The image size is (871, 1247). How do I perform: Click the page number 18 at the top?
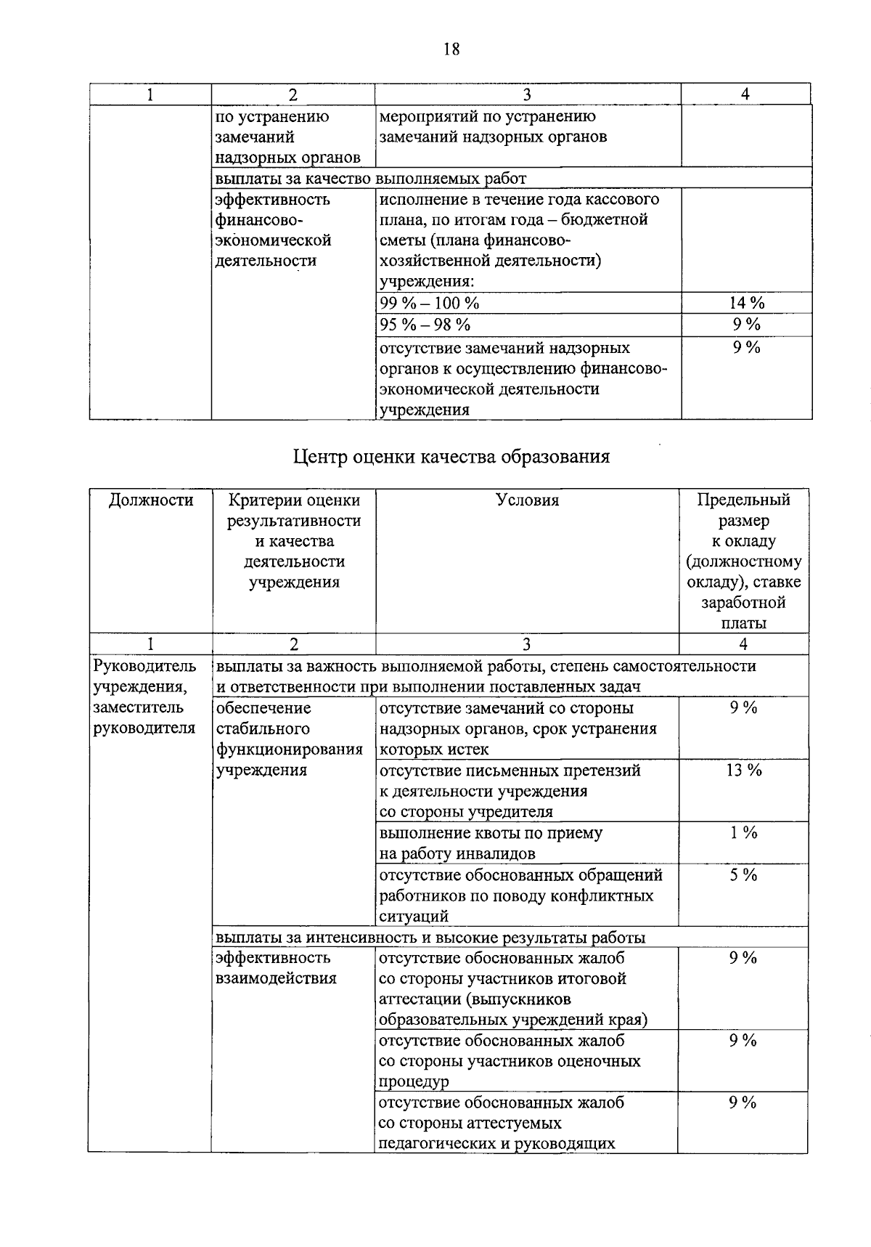pos(451,49)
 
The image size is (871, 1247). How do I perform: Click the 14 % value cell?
pos(746,303)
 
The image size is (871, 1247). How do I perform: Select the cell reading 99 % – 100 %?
pos(430,303)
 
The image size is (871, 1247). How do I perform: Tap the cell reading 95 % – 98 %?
pos(425,325)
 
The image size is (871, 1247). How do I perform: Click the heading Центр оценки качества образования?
pos(451,456)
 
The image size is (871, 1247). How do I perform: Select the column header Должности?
pos(151,500)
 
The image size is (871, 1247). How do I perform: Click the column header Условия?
pos(528,500)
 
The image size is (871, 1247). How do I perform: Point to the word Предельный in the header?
pos(743,500)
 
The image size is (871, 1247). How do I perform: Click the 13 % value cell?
pos(744,771)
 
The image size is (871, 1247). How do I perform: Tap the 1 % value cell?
pos(744,833)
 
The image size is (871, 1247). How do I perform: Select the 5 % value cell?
pos(744,875)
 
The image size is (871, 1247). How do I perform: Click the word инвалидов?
pos(494,854)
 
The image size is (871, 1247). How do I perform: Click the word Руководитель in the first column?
pos(145,666)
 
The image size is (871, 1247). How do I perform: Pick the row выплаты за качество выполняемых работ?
pos(371,178)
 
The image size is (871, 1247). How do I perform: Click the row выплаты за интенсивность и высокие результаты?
pos(430,937)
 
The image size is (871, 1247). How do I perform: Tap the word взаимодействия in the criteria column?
pos(276,978)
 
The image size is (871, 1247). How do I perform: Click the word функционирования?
pos(289,750)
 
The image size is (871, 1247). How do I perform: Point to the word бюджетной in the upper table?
pos(612,219)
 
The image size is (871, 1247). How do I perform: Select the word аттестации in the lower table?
pos(420,999)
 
